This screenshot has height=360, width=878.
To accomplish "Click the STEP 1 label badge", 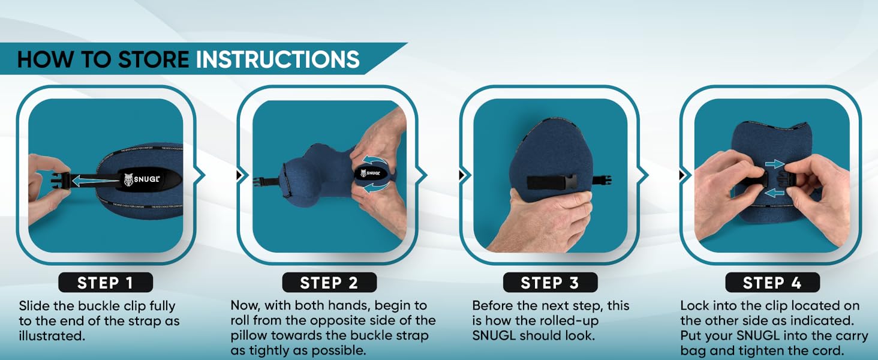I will tap(106, 282).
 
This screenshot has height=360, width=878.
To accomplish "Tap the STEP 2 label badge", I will tap(329, 282).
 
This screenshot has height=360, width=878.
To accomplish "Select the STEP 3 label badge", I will tap(550, 282).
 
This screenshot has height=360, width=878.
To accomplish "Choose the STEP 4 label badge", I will tap(772, 282).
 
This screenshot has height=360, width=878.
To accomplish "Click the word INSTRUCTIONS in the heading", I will tap(278, 59).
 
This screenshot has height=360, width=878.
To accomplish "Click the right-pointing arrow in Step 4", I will tap(775, 163).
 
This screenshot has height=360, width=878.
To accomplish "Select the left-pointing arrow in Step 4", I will tap(775, 193).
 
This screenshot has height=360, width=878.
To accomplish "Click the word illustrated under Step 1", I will tap(51, 336).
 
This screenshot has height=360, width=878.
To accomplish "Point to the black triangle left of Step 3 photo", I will tap(462, 175).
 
